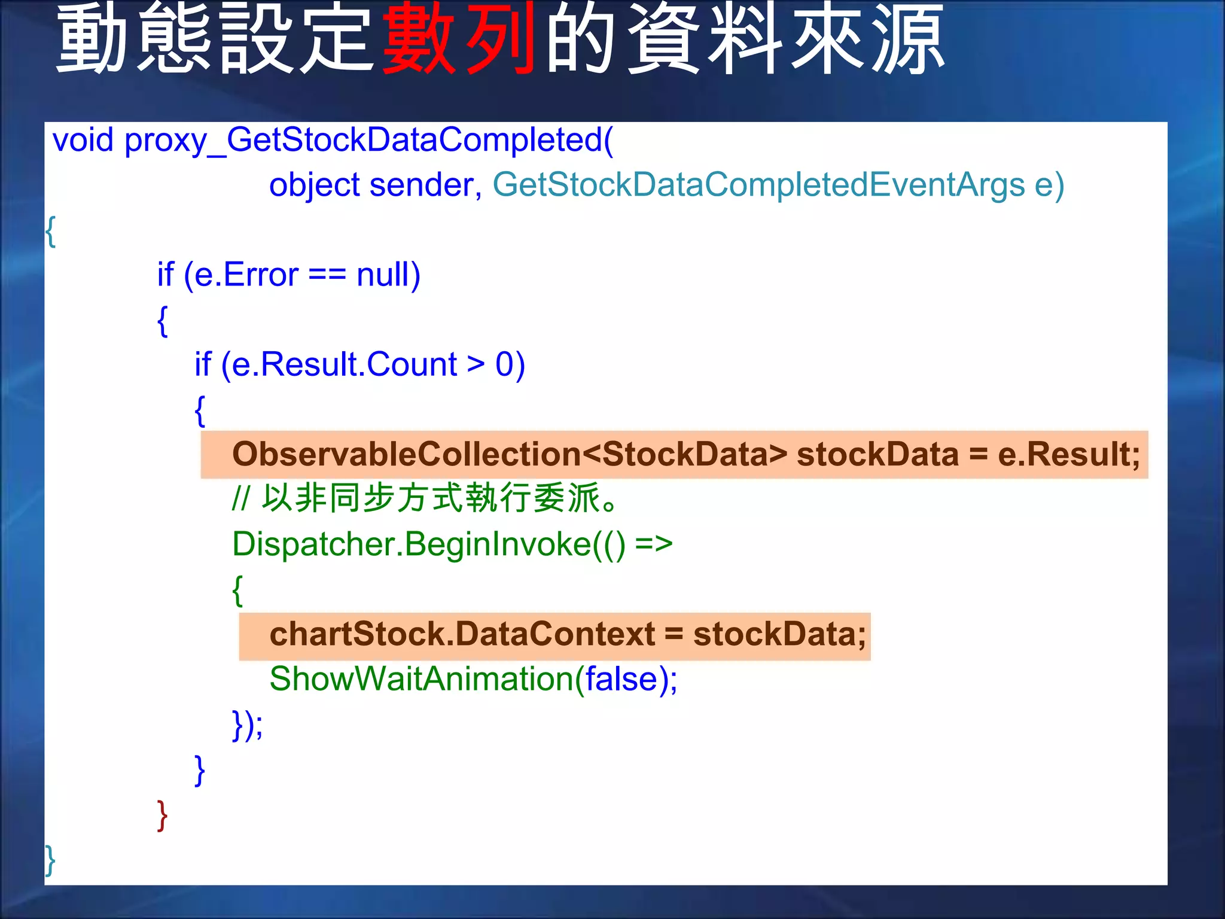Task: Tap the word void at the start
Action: coord(83,141)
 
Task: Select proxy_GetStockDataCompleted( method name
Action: coord(368,141)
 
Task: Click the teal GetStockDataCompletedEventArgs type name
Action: coord(758,185)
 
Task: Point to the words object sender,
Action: coord(375,185)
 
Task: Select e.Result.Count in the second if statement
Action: coord(344,364)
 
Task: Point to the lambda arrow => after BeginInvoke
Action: coord(654,544)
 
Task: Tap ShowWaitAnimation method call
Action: coord(421,679)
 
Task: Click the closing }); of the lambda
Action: coord(247,725)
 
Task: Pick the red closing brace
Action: coord(162,815)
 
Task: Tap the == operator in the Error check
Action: coord(327,275)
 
